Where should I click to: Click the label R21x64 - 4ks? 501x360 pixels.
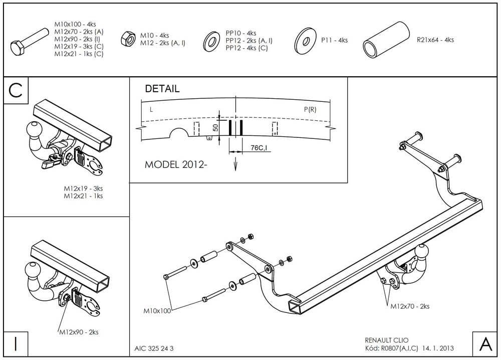click(x=435, y=40)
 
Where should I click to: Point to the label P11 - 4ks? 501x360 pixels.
click(x=334, y=40)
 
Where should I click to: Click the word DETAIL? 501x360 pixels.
click(x=162, y=89)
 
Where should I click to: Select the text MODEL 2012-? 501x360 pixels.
click(x=175, y=164)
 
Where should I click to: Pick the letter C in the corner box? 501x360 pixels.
click(x=16, y=90)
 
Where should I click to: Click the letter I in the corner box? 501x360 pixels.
click(x=16, y=344)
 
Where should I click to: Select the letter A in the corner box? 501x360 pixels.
click(x=485, y=344)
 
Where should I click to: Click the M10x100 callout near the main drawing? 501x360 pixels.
click(x=157, y=311)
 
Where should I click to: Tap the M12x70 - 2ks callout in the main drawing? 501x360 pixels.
click(x=410, y=306)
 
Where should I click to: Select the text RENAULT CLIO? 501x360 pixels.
click(x=388, y=340)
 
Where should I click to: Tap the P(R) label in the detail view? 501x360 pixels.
click(x=310, y=109)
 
